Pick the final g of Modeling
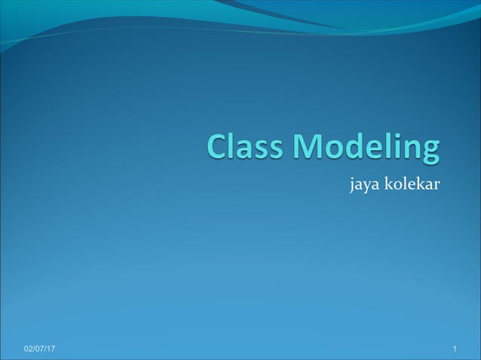tap(427, 153)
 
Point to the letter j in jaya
tap(351, 185)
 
